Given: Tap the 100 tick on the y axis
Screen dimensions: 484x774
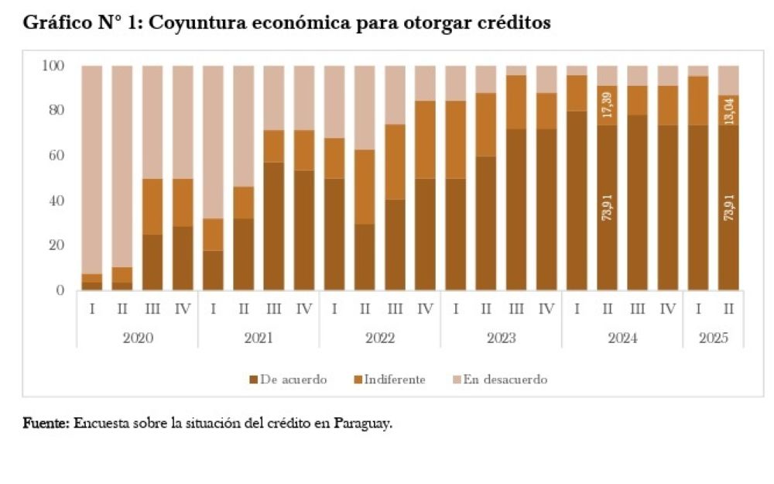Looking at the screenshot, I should pyautogui.click(x=53, y=66).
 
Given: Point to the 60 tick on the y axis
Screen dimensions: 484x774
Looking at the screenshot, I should pyautogui.click(x=56, y=156).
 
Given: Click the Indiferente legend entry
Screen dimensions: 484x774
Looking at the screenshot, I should pyautogui.click(x=394, y=379).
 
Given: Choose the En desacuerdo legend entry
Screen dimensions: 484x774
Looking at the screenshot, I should pyautogui.click(x=505, y=379).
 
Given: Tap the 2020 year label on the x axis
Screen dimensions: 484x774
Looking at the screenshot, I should pyautogui.click(x=137, y=338).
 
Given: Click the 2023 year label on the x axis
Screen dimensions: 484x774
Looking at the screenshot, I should pyautogui.click(x=501, y=338).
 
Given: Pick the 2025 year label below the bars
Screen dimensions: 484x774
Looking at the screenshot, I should pyautogui.click(x=713, y=338).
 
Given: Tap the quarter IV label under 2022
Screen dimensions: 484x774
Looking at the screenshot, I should pyautogui.click(x=425, y=309).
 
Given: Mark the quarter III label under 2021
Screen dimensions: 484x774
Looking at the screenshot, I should pyautogui.click(x=273, y=309).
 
